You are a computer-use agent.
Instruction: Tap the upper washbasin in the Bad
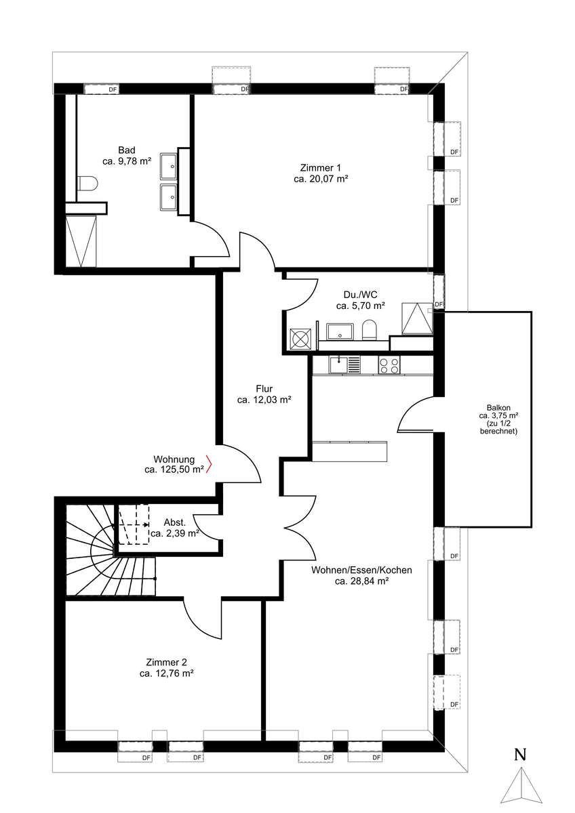pos(169,166)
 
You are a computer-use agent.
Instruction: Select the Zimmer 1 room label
pos(320,168)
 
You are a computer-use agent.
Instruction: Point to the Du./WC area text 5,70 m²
pos(368,306)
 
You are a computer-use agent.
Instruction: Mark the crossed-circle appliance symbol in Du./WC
pos(301,339)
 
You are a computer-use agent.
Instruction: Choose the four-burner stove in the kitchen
pos(389,364)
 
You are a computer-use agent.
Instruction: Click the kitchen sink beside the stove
pos(344,364)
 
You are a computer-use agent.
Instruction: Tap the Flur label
pos(264,389)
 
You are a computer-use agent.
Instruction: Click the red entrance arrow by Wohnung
pos(210,464)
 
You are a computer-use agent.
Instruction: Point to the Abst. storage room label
pos(175,522)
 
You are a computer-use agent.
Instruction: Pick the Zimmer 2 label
pos(166,663)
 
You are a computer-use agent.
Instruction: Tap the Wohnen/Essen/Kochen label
pos(361,570)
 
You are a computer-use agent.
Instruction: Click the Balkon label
pos(498,407)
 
